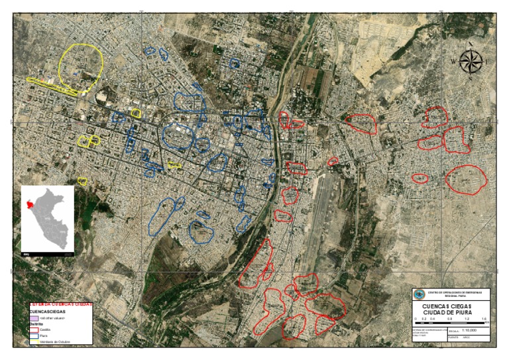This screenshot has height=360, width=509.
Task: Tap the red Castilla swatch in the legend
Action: tap(34, 330)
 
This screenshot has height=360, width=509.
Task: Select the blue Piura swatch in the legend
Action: tap(34, 335)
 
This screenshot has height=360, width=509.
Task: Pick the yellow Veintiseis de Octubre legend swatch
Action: tap(34, 341)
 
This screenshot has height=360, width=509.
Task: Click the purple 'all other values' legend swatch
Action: tap(34, 318)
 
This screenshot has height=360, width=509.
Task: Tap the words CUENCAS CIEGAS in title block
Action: tap(451, 306)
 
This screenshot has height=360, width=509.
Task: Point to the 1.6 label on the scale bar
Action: tap(484, 319)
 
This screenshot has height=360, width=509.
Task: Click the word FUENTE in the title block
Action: tap(454, 337)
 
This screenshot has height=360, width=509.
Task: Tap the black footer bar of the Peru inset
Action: tap(47, 253)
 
